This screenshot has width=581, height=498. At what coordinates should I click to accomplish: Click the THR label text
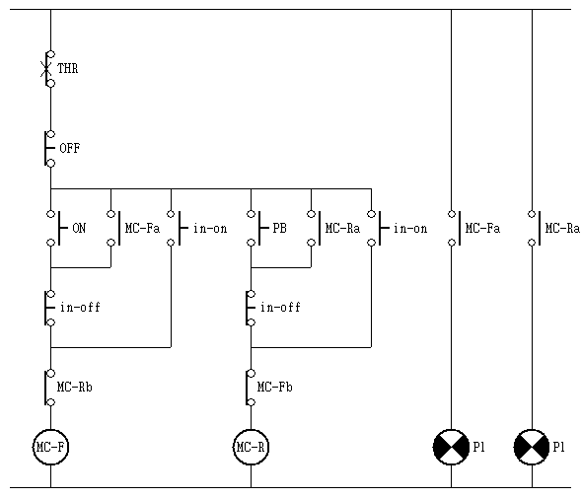pyautogui.click(x=68, y=69)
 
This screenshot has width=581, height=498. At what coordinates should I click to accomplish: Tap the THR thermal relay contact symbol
pyautogui.click(x=48, y=69)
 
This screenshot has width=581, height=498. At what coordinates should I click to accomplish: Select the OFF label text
pyautogui.click(x=70, y=148)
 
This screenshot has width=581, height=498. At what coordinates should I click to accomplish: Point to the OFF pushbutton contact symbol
pyautogui.click(x=49, y=148)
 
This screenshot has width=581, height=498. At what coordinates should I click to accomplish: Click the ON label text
pyautogui.click(x=79, y=228)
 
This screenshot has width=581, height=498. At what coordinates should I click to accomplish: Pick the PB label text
pyautogui.click(x=280, y=228)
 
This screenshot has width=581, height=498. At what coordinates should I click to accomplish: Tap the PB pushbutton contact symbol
pyautogui.click(x=256, y=228)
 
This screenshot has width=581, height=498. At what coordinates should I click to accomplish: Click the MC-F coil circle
pyautogui.click(x=50, y=447)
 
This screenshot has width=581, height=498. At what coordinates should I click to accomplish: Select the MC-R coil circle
pyautogui.click(x=251, y=447)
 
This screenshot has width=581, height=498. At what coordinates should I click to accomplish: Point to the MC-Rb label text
pyautogui.click(x=75, y=388)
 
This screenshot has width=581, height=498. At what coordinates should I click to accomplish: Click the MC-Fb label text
pyautogui.click(x=275, y=388)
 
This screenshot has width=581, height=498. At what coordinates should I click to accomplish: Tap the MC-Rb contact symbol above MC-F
pyautogui.click(x=49, y=388)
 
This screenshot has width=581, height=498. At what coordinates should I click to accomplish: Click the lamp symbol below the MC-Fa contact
pyautogui.click(x=451, y=447)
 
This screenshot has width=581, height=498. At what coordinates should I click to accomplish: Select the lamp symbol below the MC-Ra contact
pyautogui.click(x=532, y=447)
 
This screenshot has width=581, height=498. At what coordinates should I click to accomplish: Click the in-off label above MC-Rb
pyautogui.click(x=80, y=307)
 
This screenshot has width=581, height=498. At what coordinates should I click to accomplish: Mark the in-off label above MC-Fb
pyautogui.click(x=280, y=307)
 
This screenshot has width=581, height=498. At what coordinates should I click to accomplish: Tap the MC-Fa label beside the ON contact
pyautogui.click(x=143, y=228)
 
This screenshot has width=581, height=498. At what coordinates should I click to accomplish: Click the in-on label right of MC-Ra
pyautogui.click(x=410, y=228)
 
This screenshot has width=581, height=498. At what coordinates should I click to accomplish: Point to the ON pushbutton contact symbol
pyautogui.click(x=57, y=228)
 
